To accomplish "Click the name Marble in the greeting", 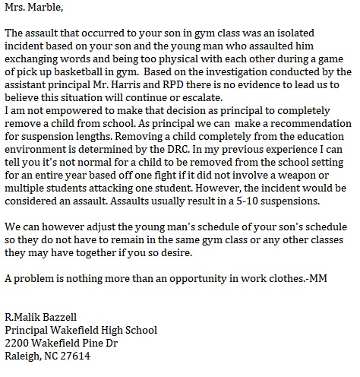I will [43, 9].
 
